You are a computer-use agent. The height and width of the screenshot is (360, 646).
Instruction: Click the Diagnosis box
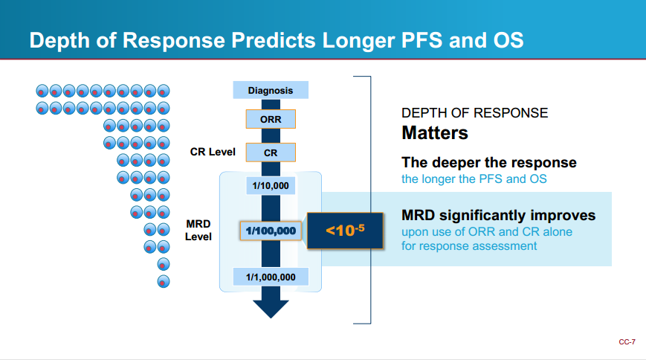(271, 90)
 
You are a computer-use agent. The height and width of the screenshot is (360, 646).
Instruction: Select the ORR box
(271, 119)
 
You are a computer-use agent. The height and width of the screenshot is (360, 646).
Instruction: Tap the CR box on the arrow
(271, 152)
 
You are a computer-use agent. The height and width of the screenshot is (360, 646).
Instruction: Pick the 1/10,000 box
(271, 185)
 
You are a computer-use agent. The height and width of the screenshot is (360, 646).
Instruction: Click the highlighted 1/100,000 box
(271, 231)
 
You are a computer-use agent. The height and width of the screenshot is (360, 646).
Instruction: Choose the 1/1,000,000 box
(271, 277)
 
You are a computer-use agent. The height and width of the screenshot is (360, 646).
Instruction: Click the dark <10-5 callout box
(345, 231)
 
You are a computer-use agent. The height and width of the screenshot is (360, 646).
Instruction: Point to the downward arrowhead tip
(271, 318)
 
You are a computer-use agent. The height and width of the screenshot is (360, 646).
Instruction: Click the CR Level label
(213, 152)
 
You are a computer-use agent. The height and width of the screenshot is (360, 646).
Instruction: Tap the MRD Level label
(198, 230)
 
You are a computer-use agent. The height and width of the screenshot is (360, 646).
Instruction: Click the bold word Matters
(435, 133)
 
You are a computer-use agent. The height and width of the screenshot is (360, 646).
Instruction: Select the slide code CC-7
(627, 342)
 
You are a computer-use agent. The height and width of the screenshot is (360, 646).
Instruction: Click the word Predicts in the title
(274, 40)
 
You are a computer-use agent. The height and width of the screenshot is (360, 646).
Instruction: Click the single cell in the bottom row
(164, 282)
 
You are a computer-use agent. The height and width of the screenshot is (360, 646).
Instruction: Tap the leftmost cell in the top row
(42, 91)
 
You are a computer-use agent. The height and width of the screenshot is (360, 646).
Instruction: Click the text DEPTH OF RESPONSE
(474, 113)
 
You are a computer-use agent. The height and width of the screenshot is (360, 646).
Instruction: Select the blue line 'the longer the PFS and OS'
(474, 179)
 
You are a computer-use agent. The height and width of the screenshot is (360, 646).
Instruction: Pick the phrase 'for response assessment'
(469, 246)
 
